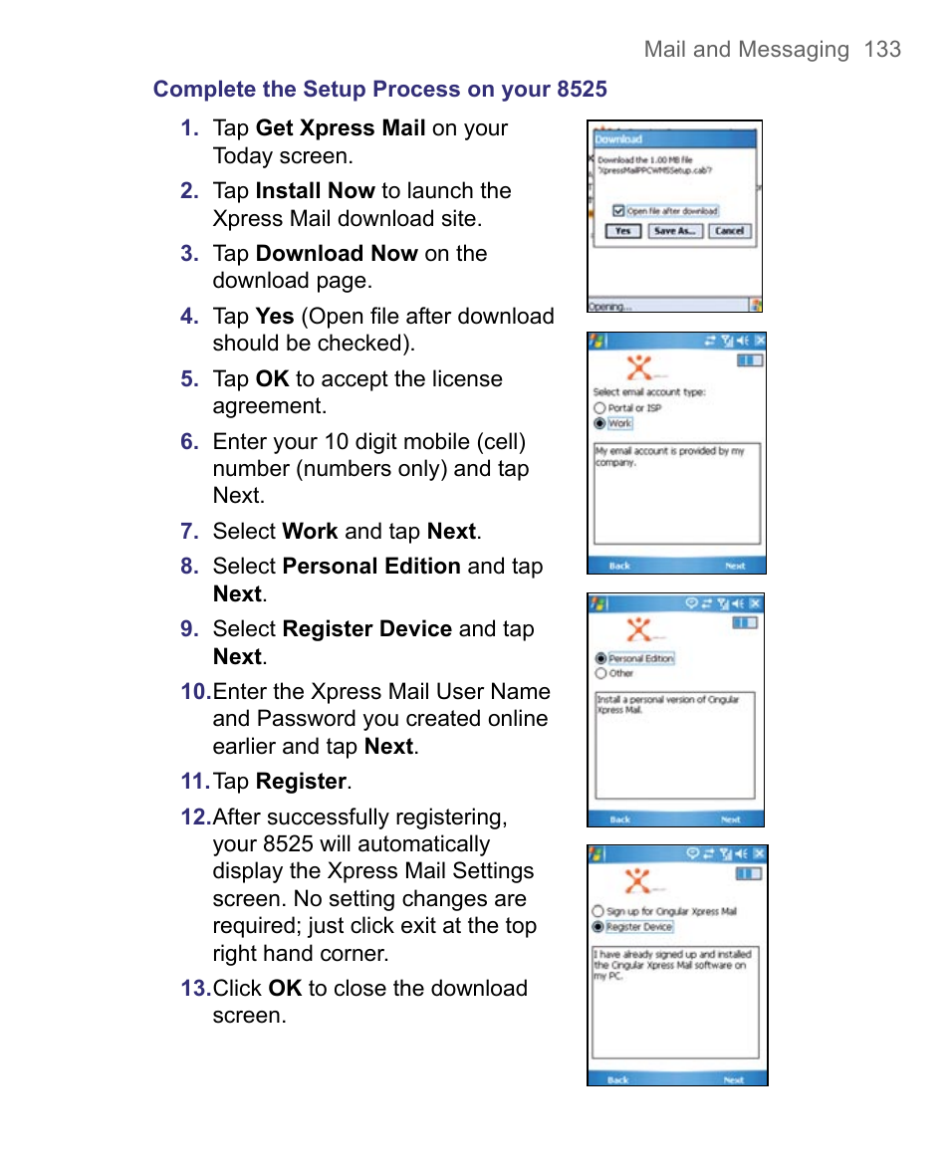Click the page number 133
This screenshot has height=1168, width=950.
[882, 50]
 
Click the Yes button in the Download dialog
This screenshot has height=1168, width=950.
[622, 230]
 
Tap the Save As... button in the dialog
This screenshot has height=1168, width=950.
[674, 230]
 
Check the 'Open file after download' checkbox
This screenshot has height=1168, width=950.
[618, 211]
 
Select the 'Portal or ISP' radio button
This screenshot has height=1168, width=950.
[599, 408]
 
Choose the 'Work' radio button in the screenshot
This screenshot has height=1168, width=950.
[599, 423]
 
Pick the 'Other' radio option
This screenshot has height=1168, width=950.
[600, 673]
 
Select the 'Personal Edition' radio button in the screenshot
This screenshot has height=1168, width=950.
[600, 658]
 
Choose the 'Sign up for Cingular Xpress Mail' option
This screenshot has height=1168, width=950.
[597, 911]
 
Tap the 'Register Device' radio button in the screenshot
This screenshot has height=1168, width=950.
[597, 926]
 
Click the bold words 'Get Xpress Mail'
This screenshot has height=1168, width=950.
[341, 128]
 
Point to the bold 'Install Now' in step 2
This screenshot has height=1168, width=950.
[315, 191]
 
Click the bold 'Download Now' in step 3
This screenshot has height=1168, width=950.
[337, 254]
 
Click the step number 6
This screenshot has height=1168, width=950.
[189, 442]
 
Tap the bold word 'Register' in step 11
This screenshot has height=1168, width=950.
[301, 782]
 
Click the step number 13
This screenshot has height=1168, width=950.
[194, 989]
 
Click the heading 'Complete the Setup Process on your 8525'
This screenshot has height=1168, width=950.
[379, 89]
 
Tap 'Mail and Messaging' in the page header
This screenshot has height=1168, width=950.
[746, 50]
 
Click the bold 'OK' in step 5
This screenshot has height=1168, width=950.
[272, 379]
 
